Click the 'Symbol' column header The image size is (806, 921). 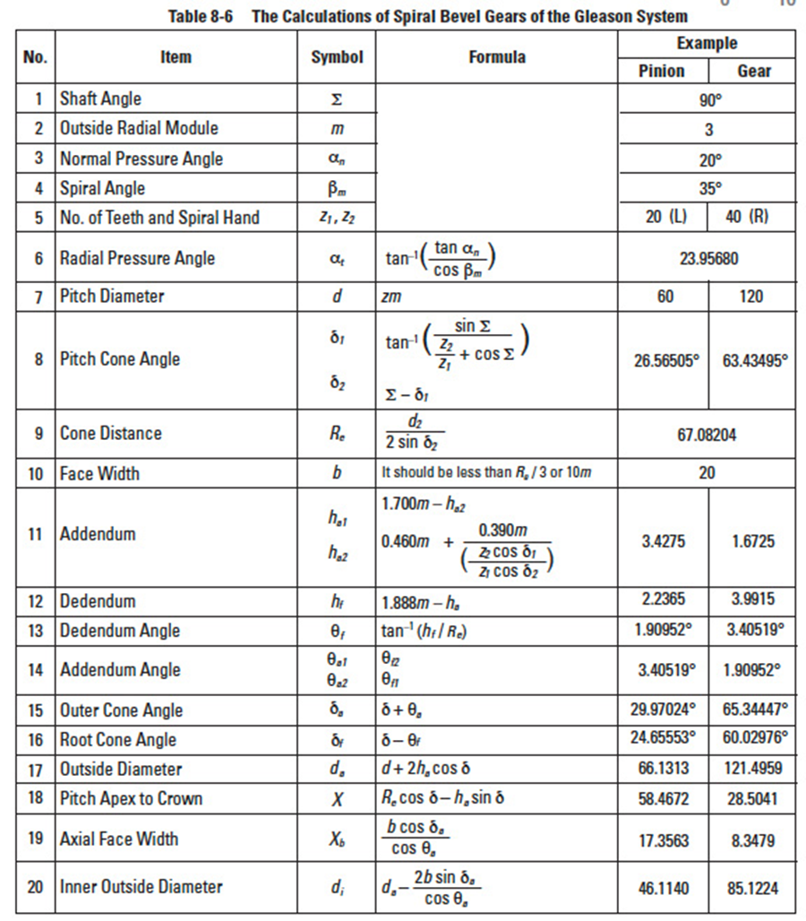337,57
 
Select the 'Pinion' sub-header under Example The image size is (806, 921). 662,72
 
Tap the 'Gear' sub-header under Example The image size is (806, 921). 753,72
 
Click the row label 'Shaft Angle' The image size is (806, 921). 100,99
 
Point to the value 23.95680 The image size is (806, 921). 707,258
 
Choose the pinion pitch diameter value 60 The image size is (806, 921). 665,296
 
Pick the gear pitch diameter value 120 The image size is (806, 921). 752,296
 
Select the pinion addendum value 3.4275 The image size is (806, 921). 664,542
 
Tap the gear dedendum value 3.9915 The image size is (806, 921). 751,599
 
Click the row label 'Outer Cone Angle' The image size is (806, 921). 121,710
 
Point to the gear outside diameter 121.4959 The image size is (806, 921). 752,770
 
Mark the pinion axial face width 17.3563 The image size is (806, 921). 664,840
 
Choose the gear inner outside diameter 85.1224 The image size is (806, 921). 752,889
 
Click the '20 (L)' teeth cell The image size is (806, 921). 665,218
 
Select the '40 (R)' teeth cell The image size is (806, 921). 752,218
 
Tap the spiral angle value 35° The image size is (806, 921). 708,189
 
